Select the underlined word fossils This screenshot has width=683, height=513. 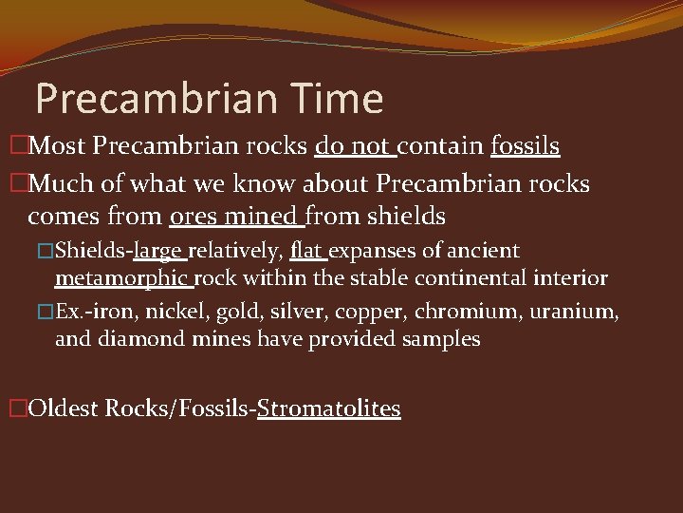tap(525, 146)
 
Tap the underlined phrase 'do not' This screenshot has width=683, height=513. tap(353, 146)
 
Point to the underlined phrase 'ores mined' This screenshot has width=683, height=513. tap(234, 217)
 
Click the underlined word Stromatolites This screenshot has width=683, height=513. tap(328, 408)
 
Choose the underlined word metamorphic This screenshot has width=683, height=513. tap(123, 278)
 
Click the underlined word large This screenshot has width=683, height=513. tap(161, 252)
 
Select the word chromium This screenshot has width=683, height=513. tap(492, 313)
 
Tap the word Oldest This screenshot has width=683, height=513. tap(64, 408)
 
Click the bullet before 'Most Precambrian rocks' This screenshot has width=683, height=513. tap(17, 146)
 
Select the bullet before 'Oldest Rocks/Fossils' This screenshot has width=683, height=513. tap(17, 408)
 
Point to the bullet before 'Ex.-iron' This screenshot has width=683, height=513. tap(46, 313)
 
